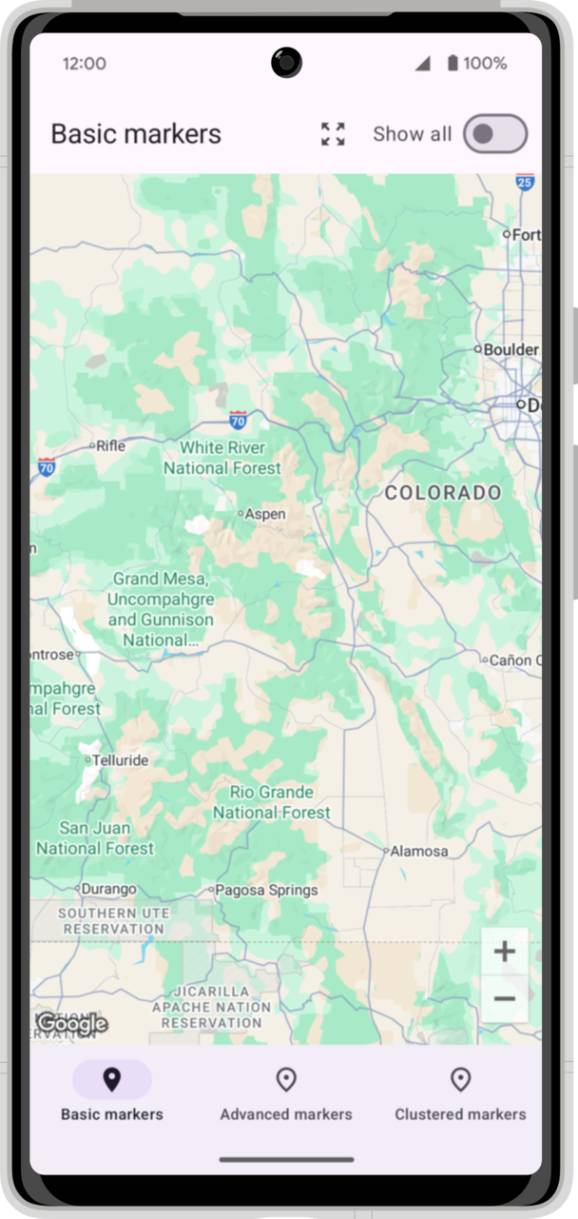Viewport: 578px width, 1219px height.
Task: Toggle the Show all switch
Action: point(494,134)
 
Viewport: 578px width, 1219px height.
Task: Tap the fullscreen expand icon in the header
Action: point(333,134)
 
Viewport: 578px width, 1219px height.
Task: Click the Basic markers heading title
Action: point(136,134)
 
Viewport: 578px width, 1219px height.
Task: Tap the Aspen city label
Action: point(265,514)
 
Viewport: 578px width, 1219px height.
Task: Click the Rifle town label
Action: point(110,444)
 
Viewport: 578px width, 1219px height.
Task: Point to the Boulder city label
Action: point(511,350)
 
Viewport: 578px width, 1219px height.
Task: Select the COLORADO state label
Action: point(443,492)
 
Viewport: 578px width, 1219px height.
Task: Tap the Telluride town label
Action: point(119,760)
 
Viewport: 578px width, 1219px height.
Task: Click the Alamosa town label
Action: point(418,851)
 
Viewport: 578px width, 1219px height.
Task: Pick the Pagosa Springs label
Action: point(266,891)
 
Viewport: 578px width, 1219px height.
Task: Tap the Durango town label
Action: point(108,889)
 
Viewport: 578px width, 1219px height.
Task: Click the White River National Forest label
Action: point(222,458)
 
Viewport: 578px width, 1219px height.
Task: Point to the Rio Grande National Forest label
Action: point(272,802)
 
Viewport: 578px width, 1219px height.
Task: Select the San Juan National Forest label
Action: point(95,838)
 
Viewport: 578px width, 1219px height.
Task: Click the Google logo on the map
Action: point(72,1024)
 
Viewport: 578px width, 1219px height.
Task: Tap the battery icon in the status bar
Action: point(453,64)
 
